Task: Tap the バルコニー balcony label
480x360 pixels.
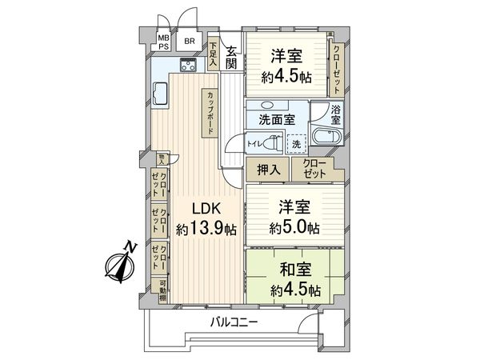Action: pyautogui.click(x=234, y=322)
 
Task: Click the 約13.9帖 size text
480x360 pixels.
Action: pyautogui.click(x=206, y=230)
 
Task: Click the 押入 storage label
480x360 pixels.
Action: pyautogui.click(x=270, y=169)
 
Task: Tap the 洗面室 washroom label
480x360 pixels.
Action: pyautogui.click(x=276, y=120)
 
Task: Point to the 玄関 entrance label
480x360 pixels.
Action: pyautogui.click(x=230, y=58)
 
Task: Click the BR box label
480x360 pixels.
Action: pyautogui.click(x=189, y=41)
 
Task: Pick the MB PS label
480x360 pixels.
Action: pyautogui.click(x=163, y=42)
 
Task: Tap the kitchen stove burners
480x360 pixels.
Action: pyautogui.click(x=188, y=66)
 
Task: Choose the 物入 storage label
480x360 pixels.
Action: pyautogui.click(x=161, y=158)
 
